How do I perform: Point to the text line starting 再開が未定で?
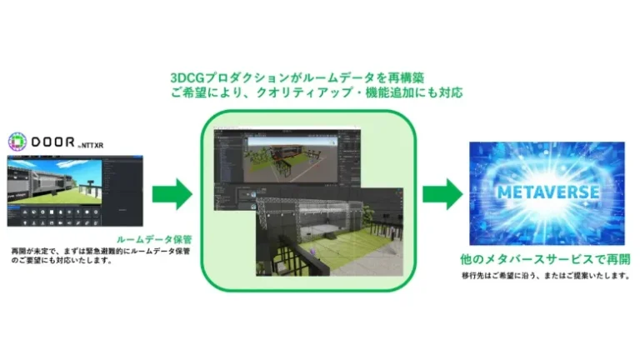[x=101, y=251]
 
